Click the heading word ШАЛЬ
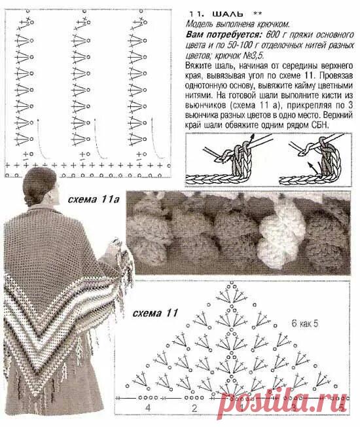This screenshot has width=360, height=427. (x=228, y=14)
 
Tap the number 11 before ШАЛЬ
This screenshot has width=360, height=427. (x=195, y=14)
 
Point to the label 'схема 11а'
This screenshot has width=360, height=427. (x=94, y=199)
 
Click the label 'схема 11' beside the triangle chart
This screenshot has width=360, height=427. (x=155, y=313)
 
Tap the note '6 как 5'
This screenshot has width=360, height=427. (x=305, y=324)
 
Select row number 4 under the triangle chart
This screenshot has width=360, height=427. (x=148, y=408)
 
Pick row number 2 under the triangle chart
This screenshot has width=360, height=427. (x=194, y=408)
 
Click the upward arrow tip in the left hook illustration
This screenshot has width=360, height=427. (x=253, y=136)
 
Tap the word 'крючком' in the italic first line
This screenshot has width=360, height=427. (x=272, y=24)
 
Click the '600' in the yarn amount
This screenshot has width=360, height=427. (x=273, y=35)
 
